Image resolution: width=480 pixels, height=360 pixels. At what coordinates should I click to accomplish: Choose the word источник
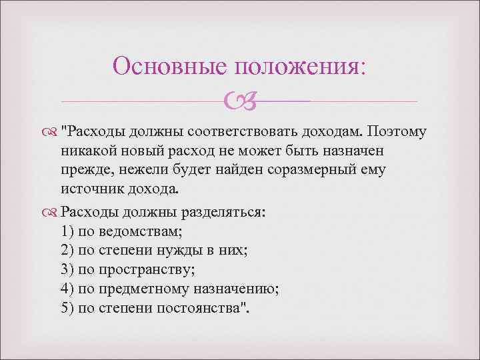point(90,190)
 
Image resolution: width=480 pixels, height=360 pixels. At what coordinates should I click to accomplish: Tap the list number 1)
point(67,232)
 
